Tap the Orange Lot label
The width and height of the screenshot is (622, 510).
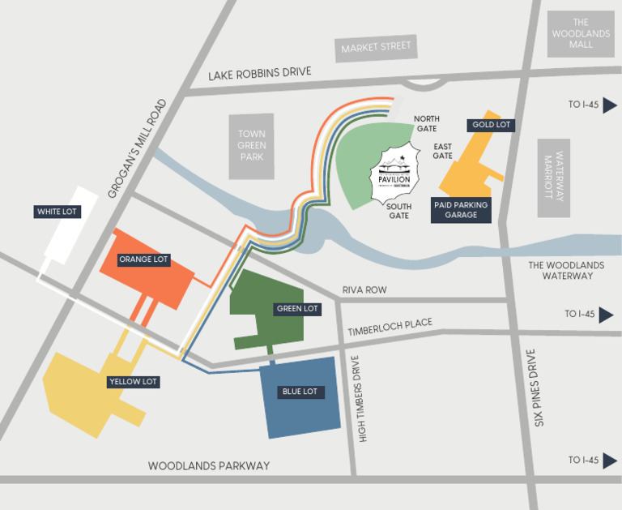143,259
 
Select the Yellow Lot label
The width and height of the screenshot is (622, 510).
133,381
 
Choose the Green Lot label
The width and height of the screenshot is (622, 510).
298,309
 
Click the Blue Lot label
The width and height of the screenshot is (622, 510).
300,392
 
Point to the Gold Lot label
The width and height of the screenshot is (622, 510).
491,125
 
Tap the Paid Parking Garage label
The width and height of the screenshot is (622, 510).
460,210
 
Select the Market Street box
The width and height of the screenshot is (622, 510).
376,48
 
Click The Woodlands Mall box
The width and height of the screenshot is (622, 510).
581,34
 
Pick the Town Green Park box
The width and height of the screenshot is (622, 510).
251,146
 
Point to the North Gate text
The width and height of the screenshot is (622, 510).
426,124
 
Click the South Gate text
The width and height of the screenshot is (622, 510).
399,211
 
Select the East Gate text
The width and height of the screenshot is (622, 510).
442,151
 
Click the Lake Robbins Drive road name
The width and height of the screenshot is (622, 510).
259,74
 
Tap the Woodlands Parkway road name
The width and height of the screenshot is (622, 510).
208,465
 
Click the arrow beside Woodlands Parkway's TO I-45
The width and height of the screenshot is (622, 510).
607,461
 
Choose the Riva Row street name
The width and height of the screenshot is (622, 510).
364,289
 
